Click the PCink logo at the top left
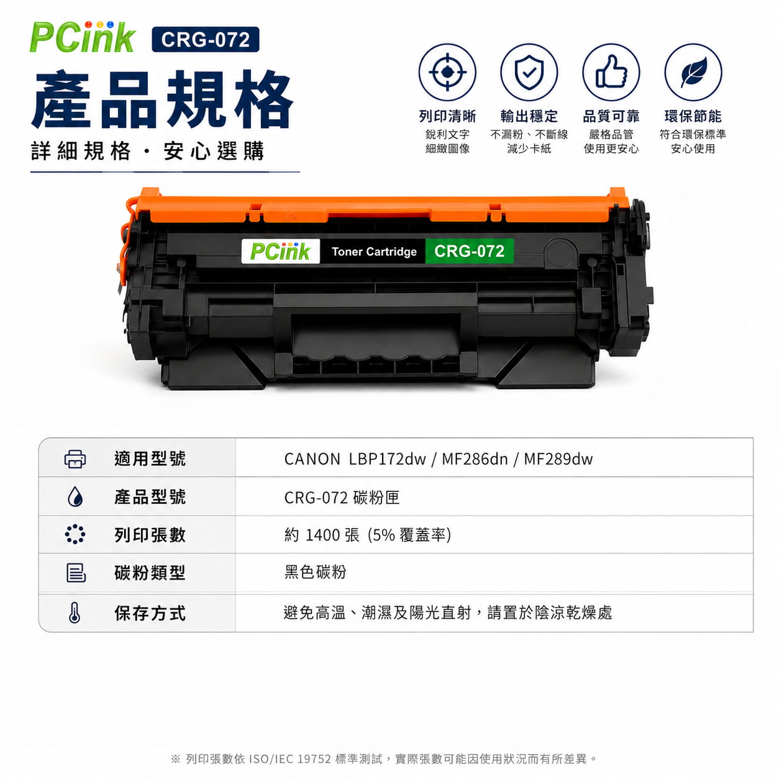(82, 37)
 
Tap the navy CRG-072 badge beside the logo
(206, 40)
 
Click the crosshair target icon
(447, 72)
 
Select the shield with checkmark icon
(529, 72)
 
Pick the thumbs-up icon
(611, 72)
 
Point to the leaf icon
(693, 72)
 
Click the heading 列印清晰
(447, 116)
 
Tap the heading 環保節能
(693, 116)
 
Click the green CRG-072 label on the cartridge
(470, 251)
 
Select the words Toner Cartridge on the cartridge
(374, 252)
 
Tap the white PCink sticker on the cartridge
(281, 251)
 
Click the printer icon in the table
(75, 459)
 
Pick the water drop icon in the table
(75, 497)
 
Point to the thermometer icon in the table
(75, 613)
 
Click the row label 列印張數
(150, 535)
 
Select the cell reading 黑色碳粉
(316, 572)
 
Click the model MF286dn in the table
(475, 459)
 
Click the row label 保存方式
(150, 613)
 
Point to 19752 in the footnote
(314, 758)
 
